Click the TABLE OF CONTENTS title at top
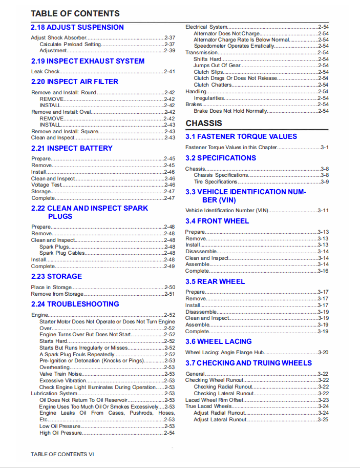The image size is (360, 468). point(75,13)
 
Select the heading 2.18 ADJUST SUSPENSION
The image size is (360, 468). point(77,27)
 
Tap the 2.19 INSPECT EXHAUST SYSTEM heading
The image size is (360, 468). point(88,61)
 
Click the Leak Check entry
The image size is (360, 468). point(46,72)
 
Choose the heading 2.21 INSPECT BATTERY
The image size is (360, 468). point(72,148)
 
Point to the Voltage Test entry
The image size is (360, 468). point(47,185)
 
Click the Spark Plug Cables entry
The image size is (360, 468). point(62,253)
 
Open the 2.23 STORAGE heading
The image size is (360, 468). point(56,276)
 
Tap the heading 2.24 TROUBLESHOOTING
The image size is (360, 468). point(75,304)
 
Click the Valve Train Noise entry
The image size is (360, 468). point(60,374)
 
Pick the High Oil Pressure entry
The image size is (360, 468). point(60,433)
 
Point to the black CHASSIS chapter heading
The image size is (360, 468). point(204,123)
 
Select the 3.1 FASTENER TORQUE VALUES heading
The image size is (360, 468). point(241,136)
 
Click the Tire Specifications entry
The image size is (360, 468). point(216,182)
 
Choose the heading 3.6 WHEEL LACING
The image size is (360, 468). point(219,341)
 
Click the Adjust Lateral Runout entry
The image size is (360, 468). point(220,420)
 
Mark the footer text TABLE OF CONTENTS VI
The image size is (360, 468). point(62,454)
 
